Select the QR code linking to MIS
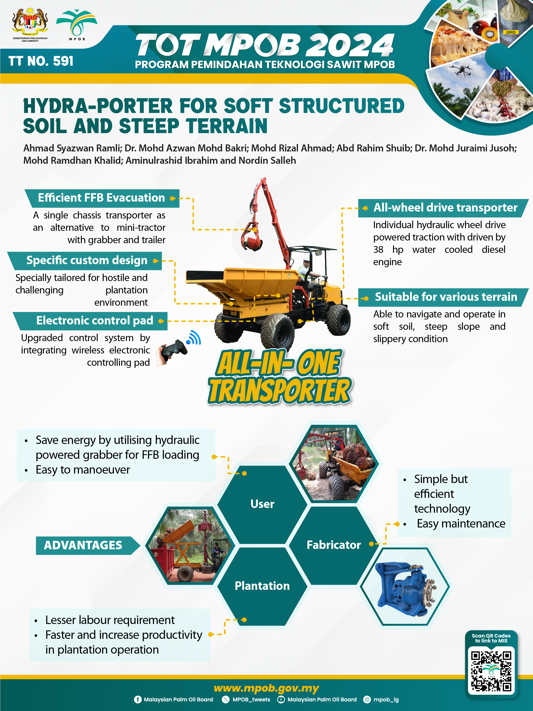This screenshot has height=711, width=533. [491, 671]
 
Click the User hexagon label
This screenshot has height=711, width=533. [262, 504]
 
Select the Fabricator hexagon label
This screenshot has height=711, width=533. [334, 545]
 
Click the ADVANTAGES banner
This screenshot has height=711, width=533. [83, 545]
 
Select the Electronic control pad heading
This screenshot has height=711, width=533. [95, 321]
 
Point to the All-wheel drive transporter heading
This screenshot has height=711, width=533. [445, 208]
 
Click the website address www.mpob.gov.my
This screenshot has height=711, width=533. [266, 688]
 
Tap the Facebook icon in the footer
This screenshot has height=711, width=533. [138, 699]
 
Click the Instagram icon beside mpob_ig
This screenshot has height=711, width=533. [367, 699]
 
